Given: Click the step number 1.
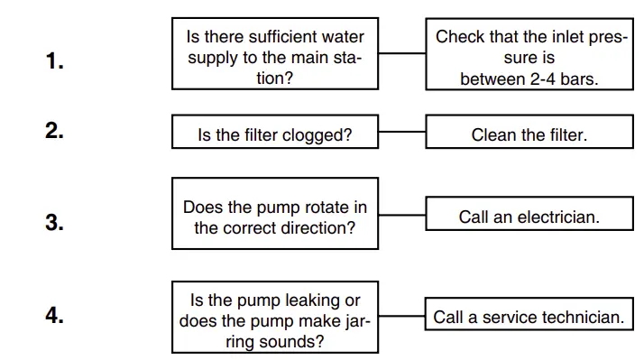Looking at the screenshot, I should pyautogui.click(x=54, y=61).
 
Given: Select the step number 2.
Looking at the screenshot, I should pyautogui.click(x=54, y=130).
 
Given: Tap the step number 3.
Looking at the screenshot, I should pyautogui.click(x=54, y=223).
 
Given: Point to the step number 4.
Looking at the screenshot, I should pyautogui.click(x=54, y=316).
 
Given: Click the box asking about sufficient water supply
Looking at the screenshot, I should pyautogui.click(x=275, y=54).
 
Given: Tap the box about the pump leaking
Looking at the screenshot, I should pyautogui.click(x=275, y=318).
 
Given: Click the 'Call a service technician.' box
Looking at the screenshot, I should pyautogui.click(x=529, y=316).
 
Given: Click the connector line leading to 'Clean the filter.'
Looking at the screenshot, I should pyautogui.click(x=402, y=132).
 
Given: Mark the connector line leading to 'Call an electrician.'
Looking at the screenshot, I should pyautogui.click(x=402, y=214).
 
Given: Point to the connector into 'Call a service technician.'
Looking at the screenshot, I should pyautogui.click(x=402, y=316).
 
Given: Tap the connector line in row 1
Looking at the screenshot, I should pyautogui.click(x=402, y=53).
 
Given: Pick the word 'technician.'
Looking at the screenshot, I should pyautogui.click(x=581, y=317).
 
